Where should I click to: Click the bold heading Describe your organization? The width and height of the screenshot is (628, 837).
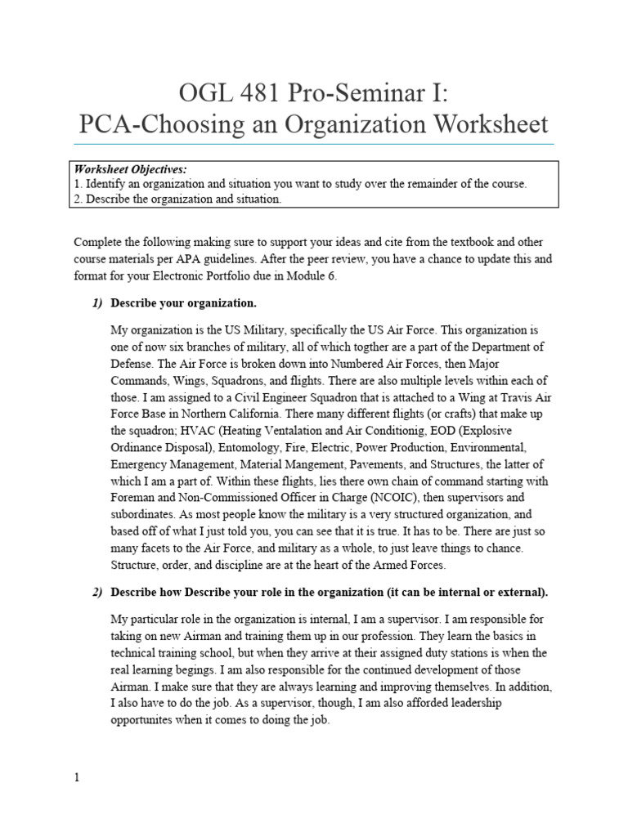[183, 303]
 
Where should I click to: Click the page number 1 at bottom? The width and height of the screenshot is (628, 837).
[77, 778]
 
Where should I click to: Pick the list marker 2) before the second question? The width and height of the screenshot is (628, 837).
[97, 592]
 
